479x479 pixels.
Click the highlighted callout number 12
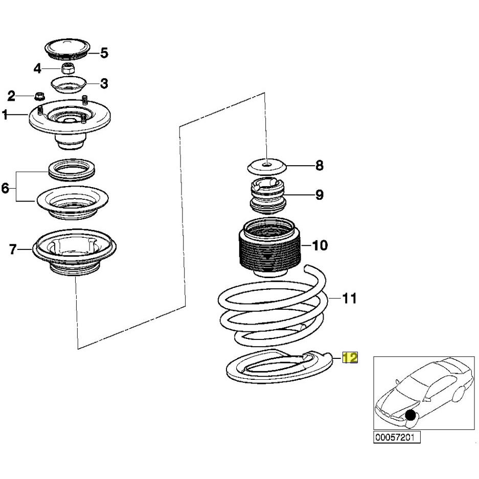tap(350, 357)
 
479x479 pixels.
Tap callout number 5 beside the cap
tap(104, 53)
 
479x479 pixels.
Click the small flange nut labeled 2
tap(39, 96)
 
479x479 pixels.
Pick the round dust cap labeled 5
tap(67, 49)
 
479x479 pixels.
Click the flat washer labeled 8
tap(267, 167)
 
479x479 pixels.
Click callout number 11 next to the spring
tap(350, 298)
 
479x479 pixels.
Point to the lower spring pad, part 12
tap(279, 366)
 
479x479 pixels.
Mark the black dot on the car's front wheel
tap(410, 416)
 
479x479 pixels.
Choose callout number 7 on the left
tap(13, 249)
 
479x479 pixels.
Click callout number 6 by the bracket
tap(5, 188)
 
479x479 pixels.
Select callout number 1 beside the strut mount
tap(5, 115)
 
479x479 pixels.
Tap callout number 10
tap(320, 245)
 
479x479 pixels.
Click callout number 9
tap(319, 195)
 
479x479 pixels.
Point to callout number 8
tap(319, 166)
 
